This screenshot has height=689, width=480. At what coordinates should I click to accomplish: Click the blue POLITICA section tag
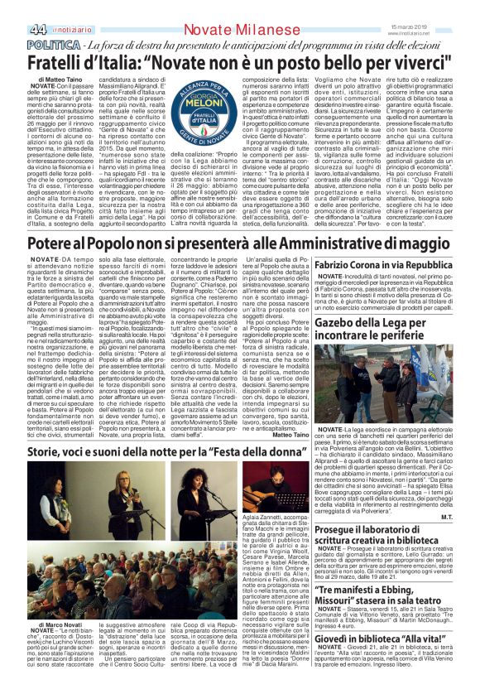(x=54, y=43)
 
